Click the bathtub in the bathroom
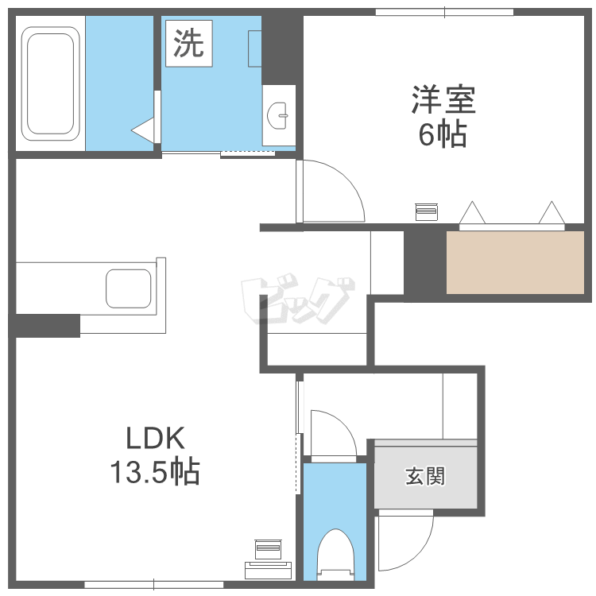pos(50,82)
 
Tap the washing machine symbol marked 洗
pos(188,45)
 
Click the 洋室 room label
pos(443,101)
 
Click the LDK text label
pos(155,439)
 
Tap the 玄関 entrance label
pos(425,477)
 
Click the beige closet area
pos(516,262)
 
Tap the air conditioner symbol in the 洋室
pos(426,211)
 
